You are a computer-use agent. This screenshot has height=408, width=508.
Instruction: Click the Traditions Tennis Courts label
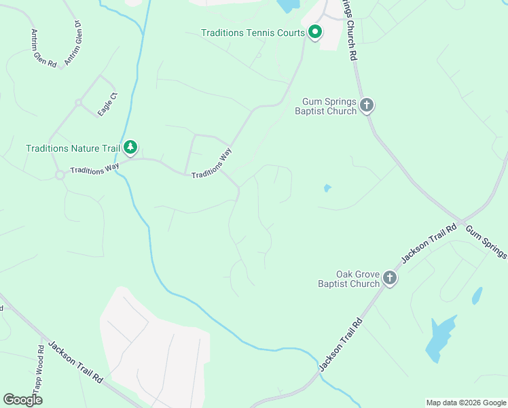tap(253, 33)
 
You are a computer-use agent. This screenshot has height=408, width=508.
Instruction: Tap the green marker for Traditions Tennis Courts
tap(315, 32)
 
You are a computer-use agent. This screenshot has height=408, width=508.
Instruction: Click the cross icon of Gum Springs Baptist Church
tap(367, 105)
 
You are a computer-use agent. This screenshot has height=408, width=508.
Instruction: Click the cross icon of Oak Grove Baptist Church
tap(389, 277)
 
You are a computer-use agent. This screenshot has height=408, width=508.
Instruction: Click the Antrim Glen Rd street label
tap(43, 48)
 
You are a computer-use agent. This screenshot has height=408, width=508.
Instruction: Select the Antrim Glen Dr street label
tap(73, 44)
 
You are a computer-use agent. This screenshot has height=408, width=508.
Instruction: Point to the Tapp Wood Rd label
tap(39, 369)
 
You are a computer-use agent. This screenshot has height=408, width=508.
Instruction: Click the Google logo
tap(22, 400)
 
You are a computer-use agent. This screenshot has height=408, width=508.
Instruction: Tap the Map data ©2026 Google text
tap(466, 403)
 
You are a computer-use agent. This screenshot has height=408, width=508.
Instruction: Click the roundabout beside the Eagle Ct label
tap(79, 103)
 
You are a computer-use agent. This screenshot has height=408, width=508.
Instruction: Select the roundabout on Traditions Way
tap(60, 175)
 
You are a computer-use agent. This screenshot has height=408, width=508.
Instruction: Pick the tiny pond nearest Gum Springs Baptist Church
tap(327, 188)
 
